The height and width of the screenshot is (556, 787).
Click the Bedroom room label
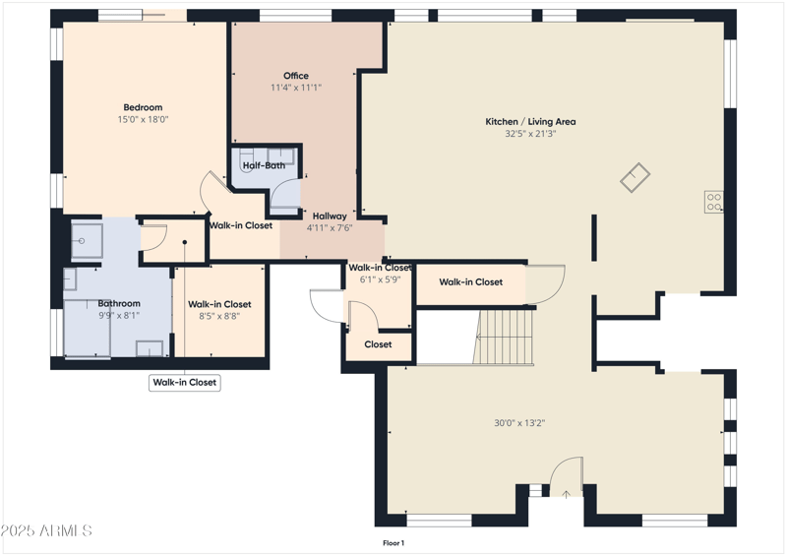143,107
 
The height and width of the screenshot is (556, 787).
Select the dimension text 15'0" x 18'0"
143,119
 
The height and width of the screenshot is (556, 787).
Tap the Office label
296,76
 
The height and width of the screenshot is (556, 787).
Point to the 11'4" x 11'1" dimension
296,88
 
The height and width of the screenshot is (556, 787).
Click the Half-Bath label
264,165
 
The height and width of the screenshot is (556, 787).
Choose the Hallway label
330,216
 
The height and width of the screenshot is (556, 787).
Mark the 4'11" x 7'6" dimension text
330,228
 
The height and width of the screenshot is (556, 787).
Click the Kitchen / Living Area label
530,122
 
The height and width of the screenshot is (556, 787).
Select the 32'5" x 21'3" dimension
530,134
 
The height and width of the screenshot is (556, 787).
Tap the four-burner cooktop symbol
714,203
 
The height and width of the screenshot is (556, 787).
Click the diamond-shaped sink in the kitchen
635,177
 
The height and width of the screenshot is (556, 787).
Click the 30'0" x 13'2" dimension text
519,423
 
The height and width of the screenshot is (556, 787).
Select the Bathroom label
119,303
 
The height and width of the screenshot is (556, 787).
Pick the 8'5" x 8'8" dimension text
219,316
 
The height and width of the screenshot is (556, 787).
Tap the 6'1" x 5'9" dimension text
379,279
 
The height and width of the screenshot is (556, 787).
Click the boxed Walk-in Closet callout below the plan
185,383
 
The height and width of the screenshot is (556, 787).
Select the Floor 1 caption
393,542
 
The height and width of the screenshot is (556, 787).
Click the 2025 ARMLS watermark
46,531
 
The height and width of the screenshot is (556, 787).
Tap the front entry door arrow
566,491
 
